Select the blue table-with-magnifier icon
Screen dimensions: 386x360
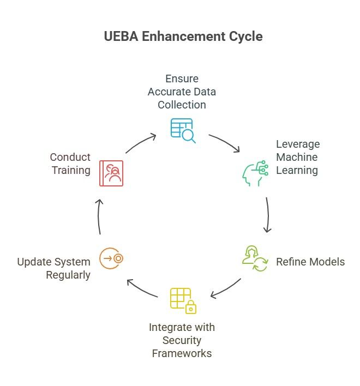tap(182, 130)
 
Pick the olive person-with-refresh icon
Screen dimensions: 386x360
tap(255, 258)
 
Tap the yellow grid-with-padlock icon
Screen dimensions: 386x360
tap(183, 300)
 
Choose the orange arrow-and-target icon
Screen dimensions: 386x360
tap(111, 258)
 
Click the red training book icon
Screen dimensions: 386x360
tap(111, 173)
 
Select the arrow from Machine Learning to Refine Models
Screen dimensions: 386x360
tap(268, 215)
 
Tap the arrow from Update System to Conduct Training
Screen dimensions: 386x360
tap(99, 216)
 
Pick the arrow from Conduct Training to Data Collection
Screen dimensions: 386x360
tap(140, 143)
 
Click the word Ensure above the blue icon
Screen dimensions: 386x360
tap(182, 79)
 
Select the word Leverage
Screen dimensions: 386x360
tap(298, 144)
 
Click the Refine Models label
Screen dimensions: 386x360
tap(310, 262)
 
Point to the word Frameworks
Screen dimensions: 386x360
tap(182, 353)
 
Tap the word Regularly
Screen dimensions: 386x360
tap(68, 275)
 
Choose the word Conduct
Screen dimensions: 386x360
tap(70, 157)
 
